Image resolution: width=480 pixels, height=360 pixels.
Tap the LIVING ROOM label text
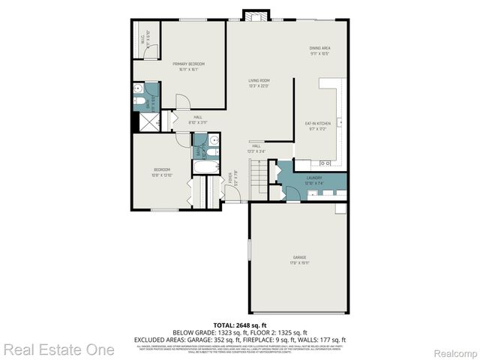tap(259, 80)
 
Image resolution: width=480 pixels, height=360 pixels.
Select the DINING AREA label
tap(320, 48)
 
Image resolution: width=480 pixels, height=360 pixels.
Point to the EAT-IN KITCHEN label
tap(317, 122)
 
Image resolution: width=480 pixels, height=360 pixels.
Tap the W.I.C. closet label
tap(142, 34)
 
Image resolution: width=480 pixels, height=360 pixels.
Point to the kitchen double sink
tap(327, 163)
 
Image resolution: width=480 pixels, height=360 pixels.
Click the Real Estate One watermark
tap(58, 349)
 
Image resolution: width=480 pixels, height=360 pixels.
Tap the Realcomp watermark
tap(454, 351)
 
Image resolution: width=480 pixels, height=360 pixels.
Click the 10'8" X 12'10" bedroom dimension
tap(162, 175)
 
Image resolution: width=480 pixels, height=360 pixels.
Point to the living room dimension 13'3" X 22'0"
tap(259, 85)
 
